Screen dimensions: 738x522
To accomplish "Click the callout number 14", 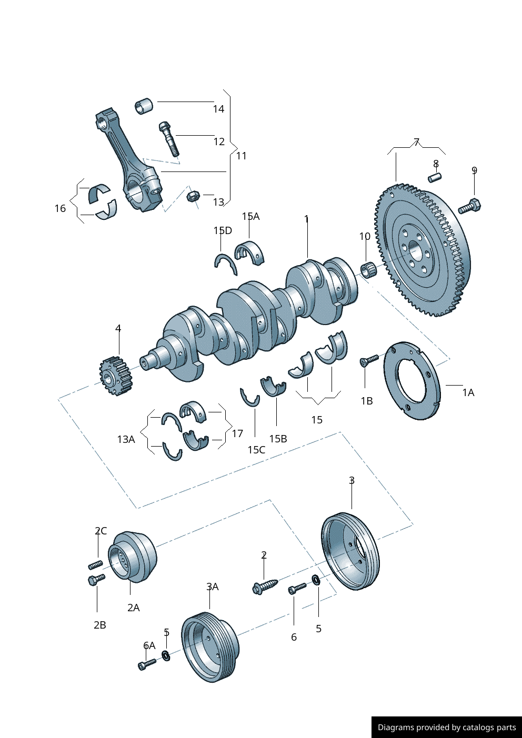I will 218,109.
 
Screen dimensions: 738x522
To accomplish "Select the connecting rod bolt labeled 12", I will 168,138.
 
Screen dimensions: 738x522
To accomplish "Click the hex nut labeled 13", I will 193,196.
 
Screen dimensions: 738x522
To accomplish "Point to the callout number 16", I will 60,208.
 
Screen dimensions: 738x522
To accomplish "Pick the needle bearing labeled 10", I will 368,270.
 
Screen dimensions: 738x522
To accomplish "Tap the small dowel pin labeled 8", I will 435,177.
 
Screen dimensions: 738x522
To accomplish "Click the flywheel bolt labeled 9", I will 469,206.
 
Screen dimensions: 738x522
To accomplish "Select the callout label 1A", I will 468,392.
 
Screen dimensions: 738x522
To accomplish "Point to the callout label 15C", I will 256,450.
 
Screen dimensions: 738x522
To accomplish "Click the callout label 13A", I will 126,439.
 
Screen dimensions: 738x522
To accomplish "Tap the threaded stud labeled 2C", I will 95,565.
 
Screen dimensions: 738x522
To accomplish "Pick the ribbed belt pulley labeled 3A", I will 209,648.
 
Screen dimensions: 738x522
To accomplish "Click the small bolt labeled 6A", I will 147,664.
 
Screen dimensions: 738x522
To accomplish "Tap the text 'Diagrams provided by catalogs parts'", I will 447,727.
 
